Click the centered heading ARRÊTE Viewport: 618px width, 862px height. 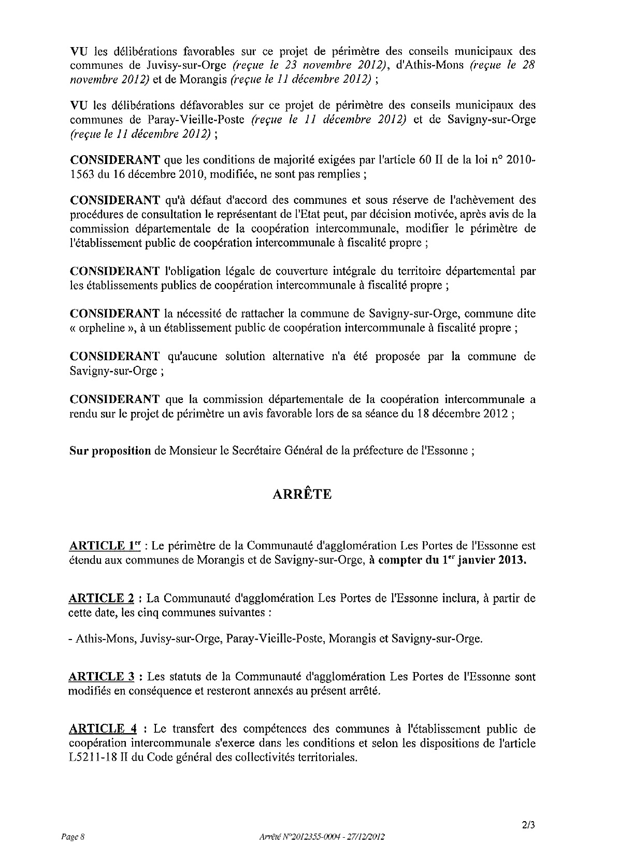pos(302,494)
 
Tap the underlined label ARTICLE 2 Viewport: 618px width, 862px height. pos(102,599)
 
